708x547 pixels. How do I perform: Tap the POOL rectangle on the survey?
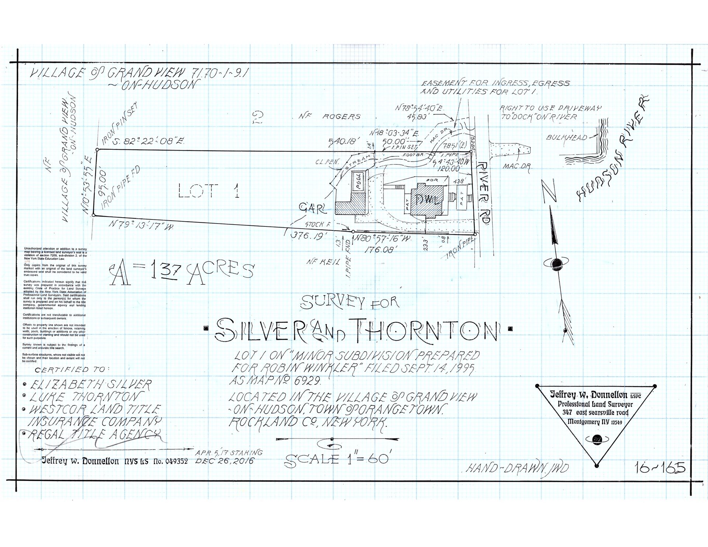click(358, 181)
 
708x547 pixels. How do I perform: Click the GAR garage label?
click(313, 209)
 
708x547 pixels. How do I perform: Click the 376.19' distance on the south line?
click(307, 236)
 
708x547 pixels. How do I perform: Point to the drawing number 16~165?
click(660, 468)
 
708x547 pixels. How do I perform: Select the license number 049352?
click(176, 461)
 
